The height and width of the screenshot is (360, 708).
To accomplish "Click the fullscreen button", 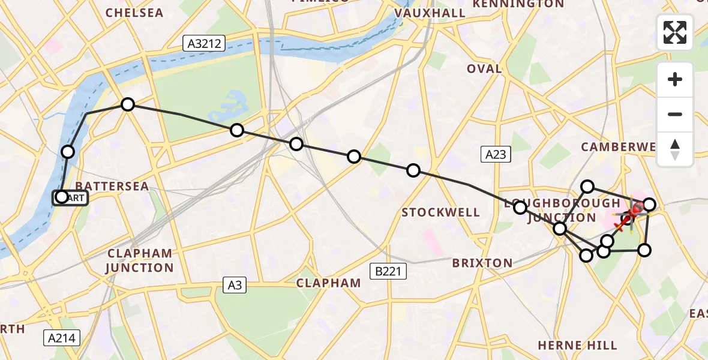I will (675, 32).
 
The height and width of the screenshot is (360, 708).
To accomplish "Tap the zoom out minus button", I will (675, 115).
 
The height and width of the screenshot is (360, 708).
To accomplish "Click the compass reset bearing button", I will (675, 149).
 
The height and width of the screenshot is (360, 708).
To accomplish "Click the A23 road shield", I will (495, 155).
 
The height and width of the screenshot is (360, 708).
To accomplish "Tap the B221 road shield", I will (388, 271).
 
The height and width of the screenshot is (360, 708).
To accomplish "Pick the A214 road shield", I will (62, 338).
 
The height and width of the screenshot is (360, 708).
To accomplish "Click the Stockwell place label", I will (441, 212).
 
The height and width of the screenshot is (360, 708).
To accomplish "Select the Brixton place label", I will (482, 263).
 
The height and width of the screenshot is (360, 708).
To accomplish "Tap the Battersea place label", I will (112, 187).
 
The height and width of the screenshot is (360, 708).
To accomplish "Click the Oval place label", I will (484, 68).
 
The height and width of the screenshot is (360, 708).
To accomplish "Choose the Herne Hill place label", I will (577, 345).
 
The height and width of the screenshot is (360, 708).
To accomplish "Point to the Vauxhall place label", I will (430, 13).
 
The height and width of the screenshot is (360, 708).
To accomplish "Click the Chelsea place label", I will (134, 13).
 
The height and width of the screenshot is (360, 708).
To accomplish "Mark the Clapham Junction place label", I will (139, 260).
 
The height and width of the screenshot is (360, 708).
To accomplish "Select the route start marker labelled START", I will (71, 197).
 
